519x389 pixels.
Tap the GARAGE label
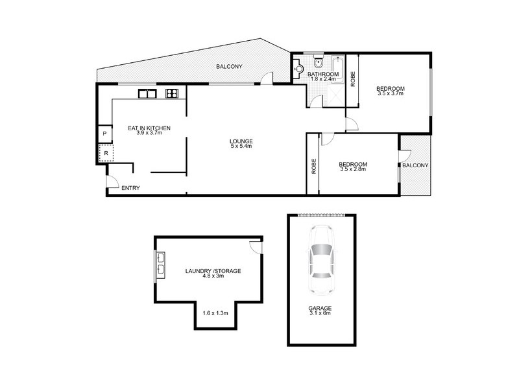point(320,308)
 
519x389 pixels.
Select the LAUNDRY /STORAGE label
point(213,270)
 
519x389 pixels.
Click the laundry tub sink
point(160,266)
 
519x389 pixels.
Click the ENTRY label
point(130,189)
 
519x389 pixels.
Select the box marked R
point(105,154)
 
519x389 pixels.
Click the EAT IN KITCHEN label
point(149,128)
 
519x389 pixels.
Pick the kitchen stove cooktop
point(172,94)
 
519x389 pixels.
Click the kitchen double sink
point(147,94)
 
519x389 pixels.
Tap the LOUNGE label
point(241,141)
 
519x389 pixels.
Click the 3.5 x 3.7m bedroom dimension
point(390,94)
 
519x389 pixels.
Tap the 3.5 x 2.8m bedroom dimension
point(353,170)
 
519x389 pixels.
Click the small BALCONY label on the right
point(415,165)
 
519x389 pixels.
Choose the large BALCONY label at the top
point(230,66)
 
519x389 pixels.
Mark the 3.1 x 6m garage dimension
point(320,314)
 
